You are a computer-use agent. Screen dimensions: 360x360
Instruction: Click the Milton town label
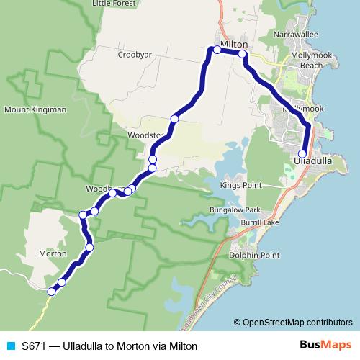click(x=234, y=44)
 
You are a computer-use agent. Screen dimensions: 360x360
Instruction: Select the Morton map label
click(x=52, y=253)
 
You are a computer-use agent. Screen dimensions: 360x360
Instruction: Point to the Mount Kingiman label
click(x=35, y=109)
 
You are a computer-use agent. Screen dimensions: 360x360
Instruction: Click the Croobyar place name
click(x=136, y=54)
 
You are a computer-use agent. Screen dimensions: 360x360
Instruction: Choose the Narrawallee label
click(x=296, y=33)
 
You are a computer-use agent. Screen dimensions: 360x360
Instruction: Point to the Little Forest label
click(x=114, y=4)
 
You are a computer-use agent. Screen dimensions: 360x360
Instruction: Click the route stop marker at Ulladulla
click(x=302, y=153)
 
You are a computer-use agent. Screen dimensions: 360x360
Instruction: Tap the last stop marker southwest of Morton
click(x=51, y=292)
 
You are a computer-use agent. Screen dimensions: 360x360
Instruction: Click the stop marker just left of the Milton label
click(x=216, y=50)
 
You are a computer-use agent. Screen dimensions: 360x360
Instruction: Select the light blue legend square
click(x=10, y=346)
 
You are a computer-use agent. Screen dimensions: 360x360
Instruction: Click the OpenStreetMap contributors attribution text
click(x=297, y=322)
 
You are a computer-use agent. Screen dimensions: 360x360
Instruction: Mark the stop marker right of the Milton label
click(x=243, y=54)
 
